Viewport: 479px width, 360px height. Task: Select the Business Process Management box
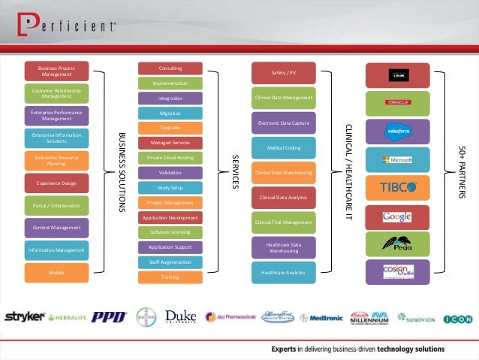[56, 71]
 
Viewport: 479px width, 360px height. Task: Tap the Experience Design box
[56, 183]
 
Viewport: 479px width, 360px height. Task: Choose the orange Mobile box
[56, 272]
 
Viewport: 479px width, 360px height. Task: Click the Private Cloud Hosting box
[170, 158]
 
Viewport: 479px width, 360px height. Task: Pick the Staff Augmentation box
[170, 262]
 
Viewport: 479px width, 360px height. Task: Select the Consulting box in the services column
[170, 68]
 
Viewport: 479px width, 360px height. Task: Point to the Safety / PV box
[283, 73]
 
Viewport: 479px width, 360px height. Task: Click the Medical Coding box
[283, 148]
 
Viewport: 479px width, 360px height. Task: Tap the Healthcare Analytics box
[283, 272]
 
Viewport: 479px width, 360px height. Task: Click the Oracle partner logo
[397, 102]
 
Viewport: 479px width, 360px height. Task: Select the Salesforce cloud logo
[397, 131]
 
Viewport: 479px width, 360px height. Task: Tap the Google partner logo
[397, 216]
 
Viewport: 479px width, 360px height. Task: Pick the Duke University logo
[180, 317]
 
